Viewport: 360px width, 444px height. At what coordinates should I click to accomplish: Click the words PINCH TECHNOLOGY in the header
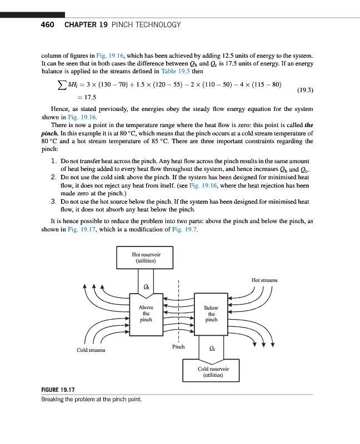(x=146, y=25)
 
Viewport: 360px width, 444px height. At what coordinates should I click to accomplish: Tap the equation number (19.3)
(x=306, y=89)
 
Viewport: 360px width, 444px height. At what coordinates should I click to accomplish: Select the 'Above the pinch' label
(x=146, y=314)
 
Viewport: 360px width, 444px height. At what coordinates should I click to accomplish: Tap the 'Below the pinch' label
(x=211, y=314)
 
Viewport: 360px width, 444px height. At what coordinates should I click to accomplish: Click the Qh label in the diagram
(x=146, y=286)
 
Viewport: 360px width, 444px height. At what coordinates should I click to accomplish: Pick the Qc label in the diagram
(x=211, y=349)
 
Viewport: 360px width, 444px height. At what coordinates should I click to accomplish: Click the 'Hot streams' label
(x=264, y=281)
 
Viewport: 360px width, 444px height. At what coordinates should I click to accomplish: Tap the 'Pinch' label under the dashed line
(x=178, y=347)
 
